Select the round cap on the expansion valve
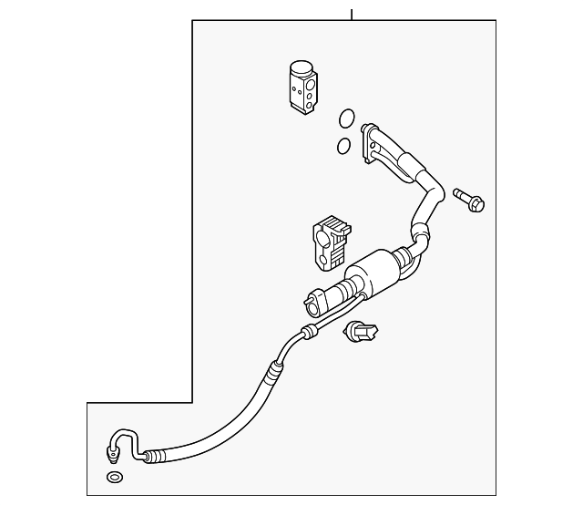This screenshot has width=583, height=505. tap(300, 67)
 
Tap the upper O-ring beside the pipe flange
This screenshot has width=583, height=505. tap(346, 118)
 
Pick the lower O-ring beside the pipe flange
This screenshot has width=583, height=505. tap(343, 145)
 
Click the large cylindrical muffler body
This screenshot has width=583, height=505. tap(374, 275)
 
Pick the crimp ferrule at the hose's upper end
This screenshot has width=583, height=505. tap(271, 373)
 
